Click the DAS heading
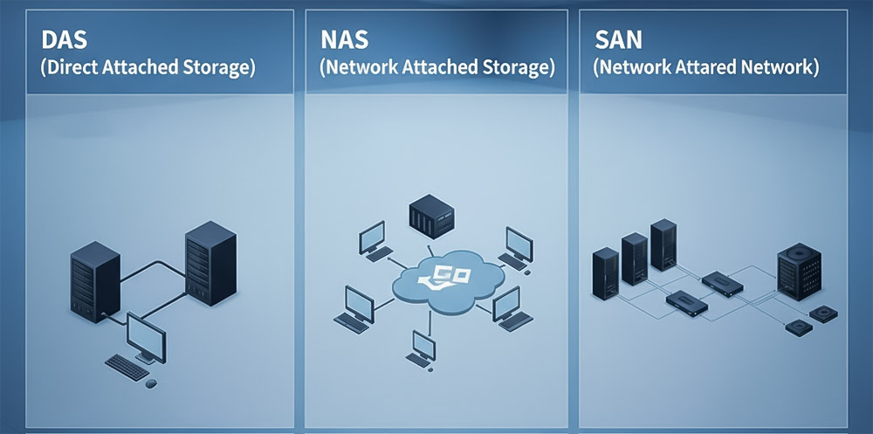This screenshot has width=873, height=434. (x=62, y=41)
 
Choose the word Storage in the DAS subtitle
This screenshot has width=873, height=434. (x=216, y=68)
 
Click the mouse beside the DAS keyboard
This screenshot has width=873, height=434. (x=152, y=382)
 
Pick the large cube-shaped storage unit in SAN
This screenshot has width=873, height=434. (x=799, y=272)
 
